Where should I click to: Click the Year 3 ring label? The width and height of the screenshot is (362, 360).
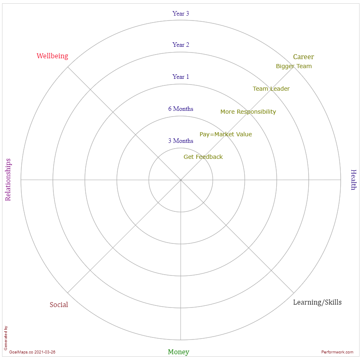click(x=181, y=14)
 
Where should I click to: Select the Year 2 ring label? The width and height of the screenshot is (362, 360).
click(x=181, y=45)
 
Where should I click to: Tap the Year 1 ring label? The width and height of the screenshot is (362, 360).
click(x=181, y=77)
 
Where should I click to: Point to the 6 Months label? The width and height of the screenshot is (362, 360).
click(x=181, y=109)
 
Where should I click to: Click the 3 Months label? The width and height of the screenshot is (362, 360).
click(x=181, y=141)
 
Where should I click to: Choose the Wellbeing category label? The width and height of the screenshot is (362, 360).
click(x=52, y=56)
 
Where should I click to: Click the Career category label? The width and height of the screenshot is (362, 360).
click(x=303, y=57)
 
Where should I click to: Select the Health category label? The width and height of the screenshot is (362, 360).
click(x=353, y=180)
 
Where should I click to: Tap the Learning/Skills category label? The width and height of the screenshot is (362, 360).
click(x=317, y=302)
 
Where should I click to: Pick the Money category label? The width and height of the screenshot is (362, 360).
click(x=179, y=352)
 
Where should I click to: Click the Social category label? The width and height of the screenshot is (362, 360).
click(x=59, y=305)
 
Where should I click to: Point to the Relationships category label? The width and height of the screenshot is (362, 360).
click(x=8, y=180)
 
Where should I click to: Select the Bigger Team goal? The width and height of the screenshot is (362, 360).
click(x=293, y=66)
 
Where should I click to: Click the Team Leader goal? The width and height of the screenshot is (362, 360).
click(x=271, y=89)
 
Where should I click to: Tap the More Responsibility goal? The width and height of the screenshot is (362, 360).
click(x=248, y=112)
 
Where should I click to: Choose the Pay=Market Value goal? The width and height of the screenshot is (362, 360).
click(x=226, y=134)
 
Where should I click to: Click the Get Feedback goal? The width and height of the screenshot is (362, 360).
click(x=203, y=157)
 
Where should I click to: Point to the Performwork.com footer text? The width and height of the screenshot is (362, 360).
click(x=337, y=352)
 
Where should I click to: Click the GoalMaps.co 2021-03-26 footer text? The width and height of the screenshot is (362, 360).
click(x=32, y=352)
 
